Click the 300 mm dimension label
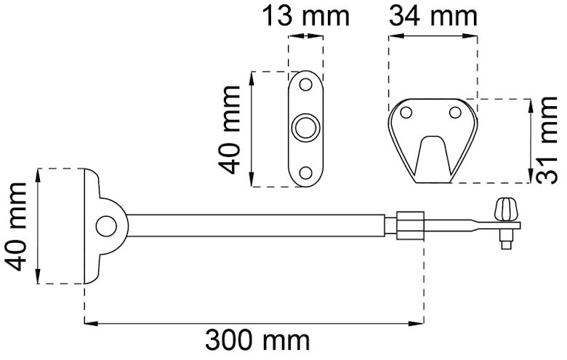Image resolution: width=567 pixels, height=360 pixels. pos(257,341)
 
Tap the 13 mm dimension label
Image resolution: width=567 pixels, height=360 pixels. pos(305,16)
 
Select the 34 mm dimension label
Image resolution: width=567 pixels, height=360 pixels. pos(433,16)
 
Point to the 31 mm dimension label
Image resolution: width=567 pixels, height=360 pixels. pos(547,140)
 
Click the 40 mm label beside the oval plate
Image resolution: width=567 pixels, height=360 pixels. pos(229,130)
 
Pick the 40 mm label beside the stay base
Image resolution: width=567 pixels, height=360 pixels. pos(15,227)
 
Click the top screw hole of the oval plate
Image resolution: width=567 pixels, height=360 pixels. pos(306,84)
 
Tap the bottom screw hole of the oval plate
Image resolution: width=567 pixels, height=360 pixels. pos(306,173)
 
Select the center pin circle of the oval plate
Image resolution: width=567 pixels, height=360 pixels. pos(306,129)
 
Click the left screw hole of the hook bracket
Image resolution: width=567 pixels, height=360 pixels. pos(406,113)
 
